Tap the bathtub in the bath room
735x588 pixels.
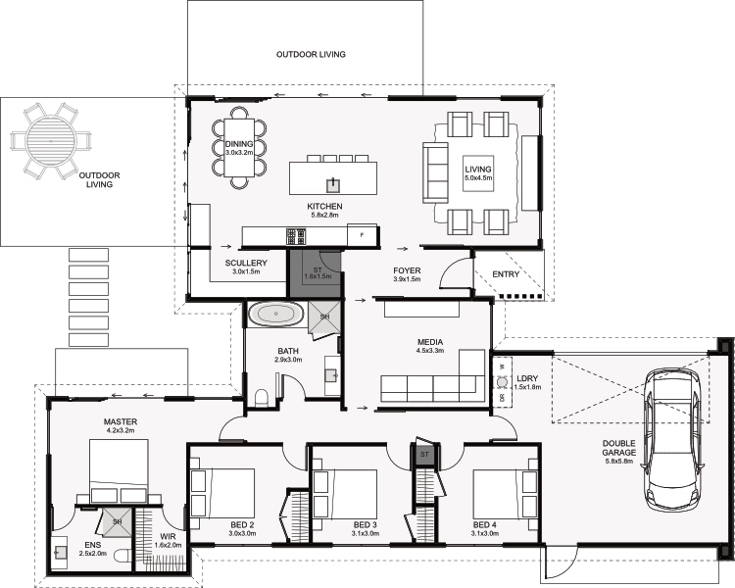[x=275, y=314]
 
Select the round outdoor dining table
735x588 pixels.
[x=50, y=141]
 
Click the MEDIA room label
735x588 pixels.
[x=430, y=342]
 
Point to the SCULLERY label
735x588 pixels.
[x=246, y=263]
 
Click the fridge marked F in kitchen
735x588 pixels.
[x=362, y=234]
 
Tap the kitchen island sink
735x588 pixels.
[x=333, y=185]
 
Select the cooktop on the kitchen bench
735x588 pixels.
[x=296, y=236]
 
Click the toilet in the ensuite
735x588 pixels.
[x=123, y=557]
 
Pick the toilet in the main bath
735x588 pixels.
[x=261, y=399]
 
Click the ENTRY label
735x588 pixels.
[x=506, y=274]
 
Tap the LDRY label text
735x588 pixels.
[x=527, y=378]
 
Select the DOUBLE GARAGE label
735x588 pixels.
[x=619, y=448]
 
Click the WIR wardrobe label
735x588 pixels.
[x=168, y=536]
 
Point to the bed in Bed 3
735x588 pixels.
[x=346, y=494]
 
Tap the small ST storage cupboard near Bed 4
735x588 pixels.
[x=424, y=455]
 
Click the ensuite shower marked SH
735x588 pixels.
[x=117, y=522]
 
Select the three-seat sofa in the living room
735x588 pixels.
[x=436, y=172]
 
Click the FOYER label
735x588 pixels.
[x=407, y=270]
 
